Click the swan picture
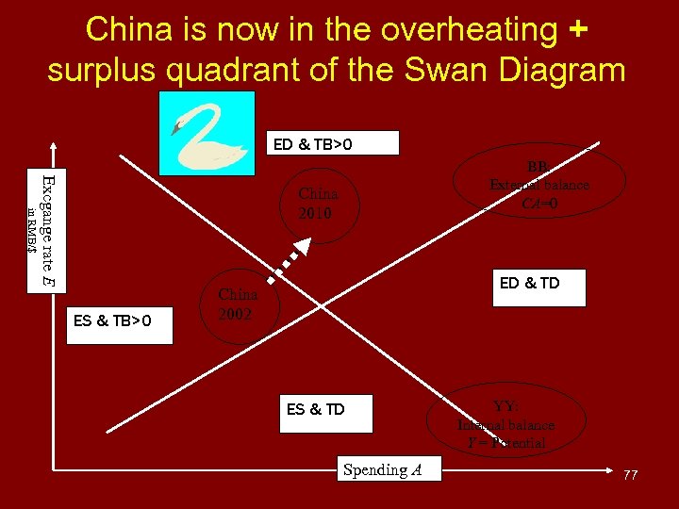(x=207, y=133)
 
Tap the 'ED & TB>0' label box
(x=332, y=144)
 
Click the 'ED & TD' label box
(x=541, y=286)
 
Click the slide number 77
(x=630, y=475)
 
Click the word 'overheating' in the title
(x=477, y=29)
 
